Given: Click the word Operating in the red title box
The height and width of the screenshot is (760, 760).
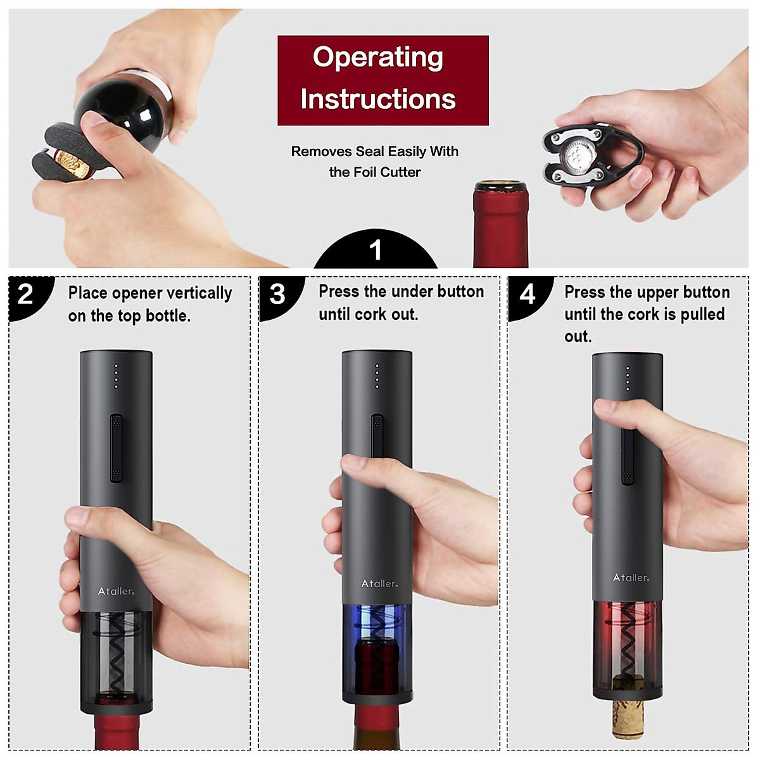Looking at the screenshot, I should point(377,58).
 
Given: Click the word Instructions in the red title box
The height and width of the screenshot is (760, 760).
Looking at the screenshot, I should point(377,99).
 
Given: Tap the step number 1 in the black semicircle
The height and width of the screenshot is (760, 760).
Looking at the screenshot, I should point(376,250).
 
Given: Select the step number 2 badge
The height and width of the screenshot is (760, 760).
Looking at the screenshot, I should point(26,294).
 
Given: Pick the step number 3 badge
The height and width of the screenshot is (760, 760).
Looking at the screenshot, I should point(277,294).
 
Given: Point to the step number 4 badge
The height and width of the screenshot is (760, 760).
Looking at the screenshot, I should point(528,294).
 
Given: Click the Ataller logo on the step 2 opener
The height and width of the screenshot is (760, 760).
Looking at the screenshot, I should point(116,591).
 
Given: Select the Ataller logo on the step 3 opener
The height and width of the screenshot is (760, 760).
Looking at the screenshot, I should point(379,583).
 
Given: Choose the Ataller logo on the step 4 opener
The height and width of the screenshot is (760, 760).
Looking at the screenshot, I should point(631,578).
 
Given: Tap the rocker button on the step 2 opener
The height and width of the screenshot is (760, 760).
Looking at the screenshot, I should point(116,448).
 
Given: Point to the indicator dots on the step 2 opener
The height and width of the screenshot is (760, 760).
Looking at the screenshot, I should point(116,376).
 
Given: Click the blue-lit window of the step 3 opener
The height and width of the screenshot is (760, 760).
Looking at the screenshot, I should point(377,624).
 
